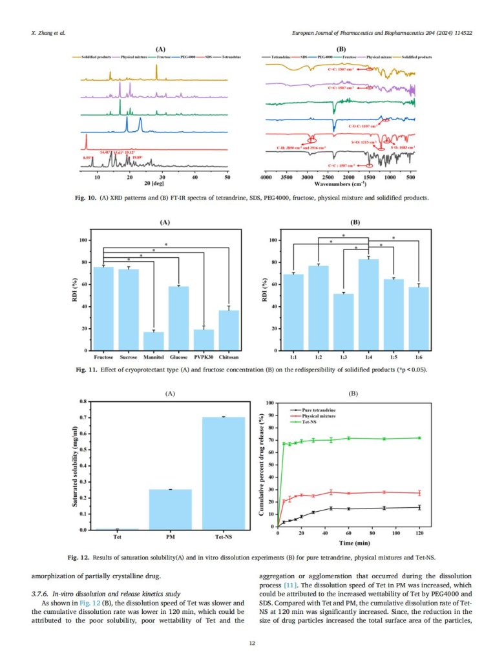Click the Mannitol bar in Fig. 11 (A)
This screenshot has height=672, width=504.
pos(153,341)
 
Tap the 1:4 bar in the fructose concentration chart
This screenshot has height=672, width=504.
pos(368,304)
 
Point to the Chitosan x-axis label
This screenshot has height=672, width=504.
pos(229,357)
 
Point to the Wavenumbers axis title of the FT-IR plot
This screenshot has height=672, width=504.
pos(341,184)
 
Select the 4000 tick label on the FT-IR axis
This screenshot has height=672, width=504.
pos(266,176)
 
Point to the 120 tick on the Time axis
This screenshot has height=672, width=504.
pos(419,534)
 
